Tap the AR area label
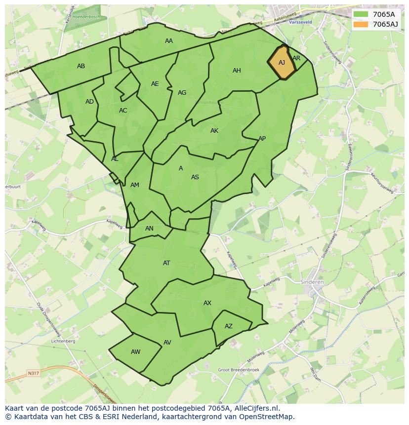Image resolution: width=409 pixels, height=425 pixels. point(296,58)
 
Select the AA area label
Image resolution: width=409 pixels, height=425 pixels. point(169,41)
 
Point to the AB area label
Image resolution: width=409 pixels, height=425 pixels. point(81,66)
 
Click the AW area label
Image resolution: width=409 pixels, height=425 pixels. point(135,352)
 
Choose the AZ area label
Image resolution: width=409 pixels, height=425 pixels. point(229,326)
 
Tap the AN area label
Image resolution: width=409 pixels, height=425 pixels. point(149,229)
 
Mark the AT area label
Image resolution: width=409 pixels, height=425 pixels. point(166,263)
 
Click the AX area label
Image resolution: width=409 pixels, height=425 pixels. point(207,303)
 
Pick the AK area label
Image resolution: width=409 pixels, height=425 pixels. point(214,131)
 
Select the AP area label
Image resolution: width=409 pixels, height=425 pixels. point(262,139)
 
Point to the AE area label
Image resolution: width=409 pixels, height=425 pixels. point(155,84)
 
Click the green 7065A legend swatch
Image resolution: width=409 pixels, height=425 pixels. point(361,14)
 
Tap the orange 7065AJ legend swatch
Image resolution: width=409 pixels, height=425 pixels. point(361,24)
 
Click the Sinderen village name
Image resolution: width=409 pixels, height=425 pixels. point(312,282)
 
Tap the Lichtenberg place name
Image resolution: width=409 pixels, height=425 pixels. point(63,341)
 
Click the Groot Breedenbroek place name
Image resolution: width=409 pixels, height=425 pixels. point(239,370)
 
